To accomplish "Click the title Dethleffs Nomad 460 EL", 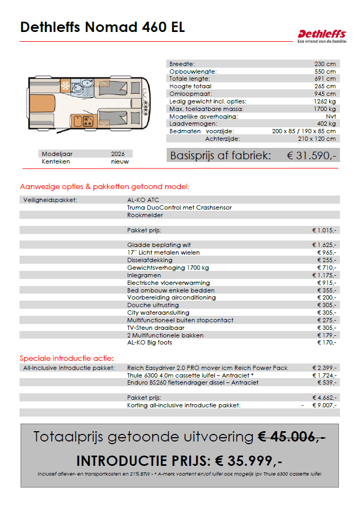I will (102, 27).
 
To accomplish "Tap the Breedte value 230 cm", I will (325, 63).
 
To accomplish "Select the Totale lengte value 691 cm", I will (325, 79).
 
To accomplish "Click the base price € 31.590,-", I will (311, 155).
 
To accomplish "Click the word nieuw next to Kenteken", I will (120, 161).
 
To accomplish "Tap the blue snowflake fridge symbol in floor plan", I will (66, 86).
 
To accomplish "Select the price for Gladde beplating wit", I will (324, 245).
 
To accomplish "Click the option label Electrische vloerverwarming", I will (168, 283).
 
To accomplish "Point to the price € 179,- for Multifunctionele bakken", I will (326, 335).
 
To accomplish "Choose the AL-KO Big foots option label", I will (149, 343).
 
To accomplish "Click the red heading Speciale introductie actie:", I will (67, 358).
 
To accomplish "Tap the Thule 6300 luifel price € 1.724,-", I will (324, 375).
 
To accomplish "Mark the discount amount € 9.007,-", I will (324, 405).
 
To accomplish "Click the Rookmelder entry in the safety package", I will (145, 215).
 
